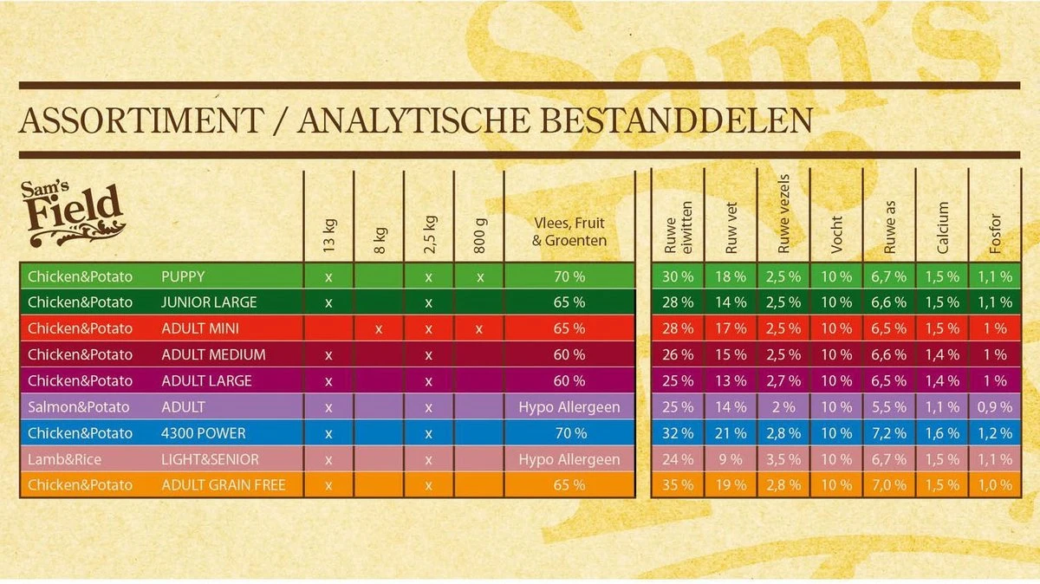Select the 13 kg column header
tap(329, 234)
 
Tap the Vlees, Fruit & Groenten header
tap(569, 231)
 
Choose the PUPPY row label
tap(183, 276)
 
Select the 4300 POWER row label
tap(203, 432)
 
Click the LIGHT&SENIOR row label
tap(210, 458)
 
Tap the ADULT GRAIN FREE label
tap(224, 484)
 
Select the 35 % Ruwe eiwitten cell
tap(677, 484)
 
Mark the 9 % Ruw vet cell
tap(730, 458)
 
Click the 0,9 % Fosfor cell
tap(994, 406)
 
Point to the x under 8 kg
tap(379, 328)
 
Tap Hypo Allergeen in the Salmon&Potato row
tap(569, 406)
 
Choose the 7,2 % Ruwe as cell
tap(888, 432)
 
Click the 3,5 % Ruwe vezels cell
tap(783, 458)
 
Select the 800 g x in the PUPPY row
tap(479, 276)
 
